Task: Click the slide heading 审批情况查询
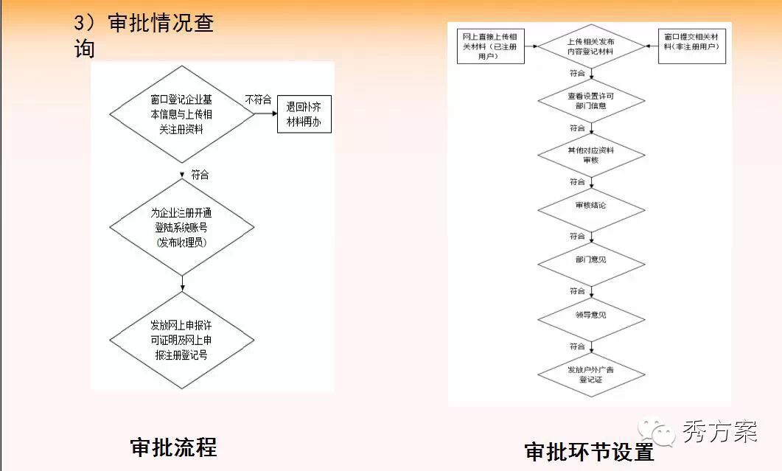(x=144, y=35)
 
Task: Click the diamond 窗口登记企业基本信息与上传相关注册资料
(x=181, y=114)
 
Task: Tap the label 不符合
(x=258, y=100)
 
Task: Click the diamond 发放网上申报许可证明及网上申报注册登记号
(x=181, y=340)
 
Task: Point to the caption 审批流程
(x=174, y=447)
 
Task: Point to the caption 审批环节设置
(x=589, y=451)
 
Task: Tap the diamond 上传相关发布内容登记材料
(x=590, y=46)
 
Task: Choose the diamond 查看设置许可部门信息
(x=590, y=101)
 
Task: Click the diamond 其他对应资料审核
(x=590, y=155)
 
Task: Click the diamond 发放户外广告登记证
(x=590, y=374)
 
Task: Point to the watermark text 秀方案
(x=719, y=430)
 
